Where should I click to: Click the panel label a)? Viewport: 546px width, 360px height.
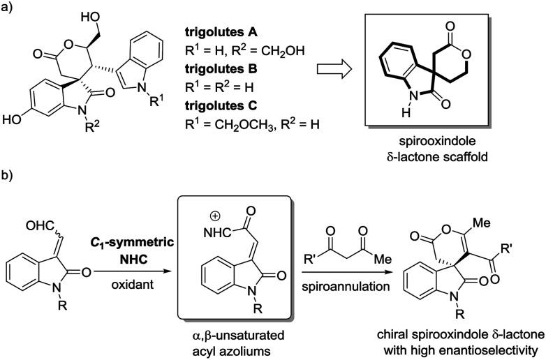point(10,9)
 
